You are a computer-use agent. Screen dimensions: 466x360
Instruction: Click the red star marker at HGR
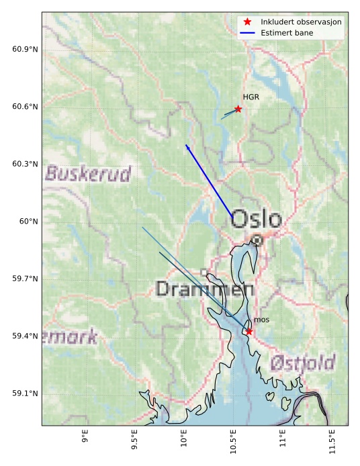(238, 109)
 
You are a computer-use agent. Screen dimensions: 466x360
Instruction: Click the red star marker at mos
(249, 331)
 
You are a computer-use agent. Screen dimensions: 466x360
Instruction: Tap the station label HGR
(251, 97)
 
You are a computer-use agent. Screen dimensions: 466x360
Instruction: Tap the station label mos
(261, 320)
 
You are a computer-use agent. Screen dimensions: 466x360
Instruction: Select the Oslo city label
(257, 219)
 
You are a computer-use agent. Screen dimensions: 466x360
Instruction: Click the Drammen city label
(205, 289)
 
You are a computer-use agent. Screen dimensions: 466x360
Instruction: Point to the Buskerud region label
(88, 175)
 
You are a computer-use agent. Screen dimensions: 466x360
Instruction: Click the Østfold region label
(302, 364)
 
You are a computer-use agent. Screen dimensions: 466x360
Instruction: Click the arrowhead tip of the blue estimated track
(186, 144)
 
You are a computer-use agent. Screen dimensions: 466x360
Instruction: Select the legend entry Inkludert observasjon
(301, 22)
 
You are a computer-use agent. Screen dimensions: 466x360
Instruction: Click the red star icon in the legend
(248, 22)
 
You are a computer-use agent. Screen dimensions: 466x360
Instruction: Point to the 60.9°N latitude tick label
(25, 50)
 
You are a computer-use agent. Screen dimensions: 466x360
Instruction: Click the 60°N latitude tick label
(29, 222)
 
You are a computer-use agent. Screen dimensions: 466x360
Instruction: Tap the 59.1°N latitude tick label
(25, 393)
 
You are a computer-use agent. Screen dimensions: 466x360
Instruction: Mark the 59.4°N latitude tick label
(25, 336)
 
